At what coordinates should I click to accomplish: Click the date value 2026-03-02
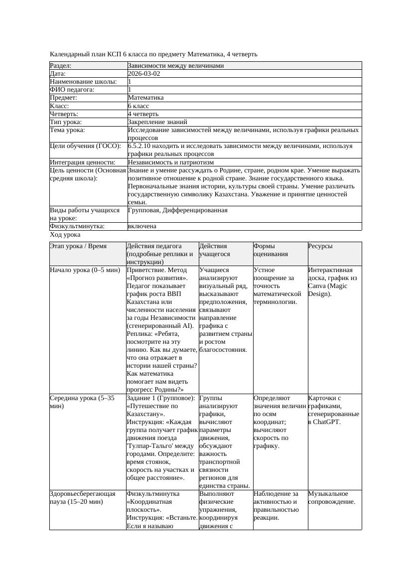point(144,74)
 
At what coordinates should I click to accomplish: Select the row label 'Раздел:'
point(61,66)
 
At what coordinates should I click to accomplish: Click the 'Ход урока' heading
point(65,235)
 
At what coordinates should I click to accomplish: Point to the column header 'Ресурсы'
point(320,246)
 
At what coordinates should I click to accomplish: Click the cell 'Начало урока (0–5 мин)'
point(85,270)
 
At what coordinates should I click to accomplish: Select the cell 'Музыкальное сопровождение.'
point(332,498)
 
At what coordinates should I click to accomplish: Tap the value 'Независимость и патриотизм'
point(171,162)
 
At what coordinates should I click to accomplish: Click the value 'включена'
point(142,226)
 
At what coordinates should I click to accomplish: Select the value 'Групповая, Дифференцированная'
point(177,210)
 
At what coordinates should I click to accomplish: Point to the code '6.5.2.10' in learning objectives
point(141,146)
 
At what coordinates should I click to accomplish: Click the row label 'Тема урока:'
point(67,130)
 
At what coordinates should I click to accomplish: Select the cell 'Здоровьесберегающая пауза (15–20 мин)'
point(83,498)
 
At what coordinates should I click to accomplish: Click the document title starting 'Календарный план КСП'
point(154,54)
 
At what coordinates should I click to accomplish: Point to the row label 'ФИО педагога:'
point(72,90)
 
